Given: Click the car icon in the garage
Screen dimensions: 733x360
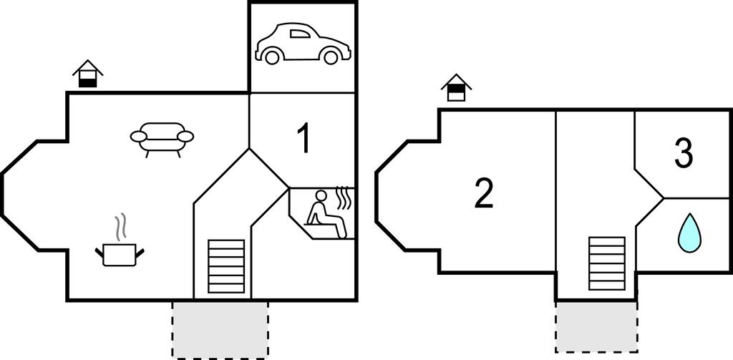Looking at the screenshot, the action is [303, 44].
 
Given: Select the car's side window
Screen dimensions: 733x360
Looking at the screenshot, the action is [300, 33].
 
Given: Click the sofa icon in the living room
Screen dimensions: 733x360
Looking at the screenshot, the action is [162, 140].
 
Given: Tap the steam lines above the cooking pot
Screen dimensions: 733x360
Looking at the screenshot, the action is [120, 227].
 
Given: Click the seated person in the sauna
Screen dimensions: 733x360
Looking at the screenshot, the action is [326, 213].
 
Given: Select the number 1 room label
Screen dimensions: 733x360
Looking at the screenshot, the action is [304, 140].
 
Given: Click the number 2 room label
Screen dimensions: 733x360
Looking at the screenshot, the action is [484, 194].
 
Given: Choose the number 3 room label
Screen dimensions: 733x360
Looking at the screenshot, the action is [684, 155].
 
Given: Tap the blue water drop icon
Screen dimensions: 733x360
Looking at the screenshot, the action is [689, 233].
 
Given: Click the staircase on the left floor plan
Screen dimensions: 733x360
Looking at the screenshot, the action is [226, 266].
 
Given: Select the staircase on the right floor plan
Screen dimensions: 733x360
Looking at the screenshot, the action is [607, 263].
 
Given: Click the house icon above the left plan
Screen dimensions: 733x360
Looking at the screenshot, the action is [88, 74].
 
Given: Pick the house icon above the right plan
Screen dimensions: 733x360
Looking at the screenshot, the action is [456, 87].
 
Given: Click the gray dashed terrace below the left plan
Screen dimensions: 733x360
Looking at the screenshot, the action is [220, 330].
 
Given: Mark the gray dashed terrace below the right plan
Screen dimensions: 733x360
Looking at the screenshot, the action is [596, 326].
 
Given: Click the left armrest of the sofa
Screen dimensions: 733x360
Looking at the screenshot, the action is [138, 136].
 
